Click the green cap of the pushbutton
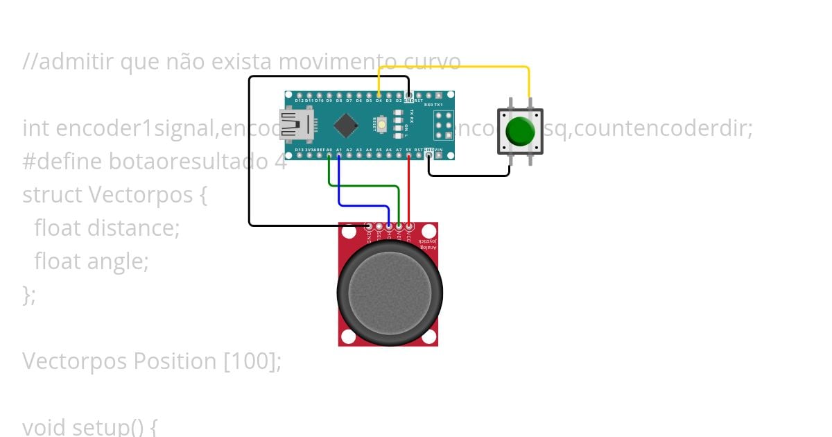point(520,130)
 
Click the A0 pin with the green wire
point(329,155)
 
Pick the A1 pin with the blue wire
point(338,155)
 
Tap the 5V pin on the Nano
point(409,155)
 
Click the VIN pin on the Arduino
point(439,155)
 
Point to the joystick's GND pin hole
point(368,227)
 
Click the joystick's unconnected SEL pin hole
point(379,227)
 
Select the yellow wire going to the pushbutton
point(458,67)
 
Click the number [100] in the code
point(252,361)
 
